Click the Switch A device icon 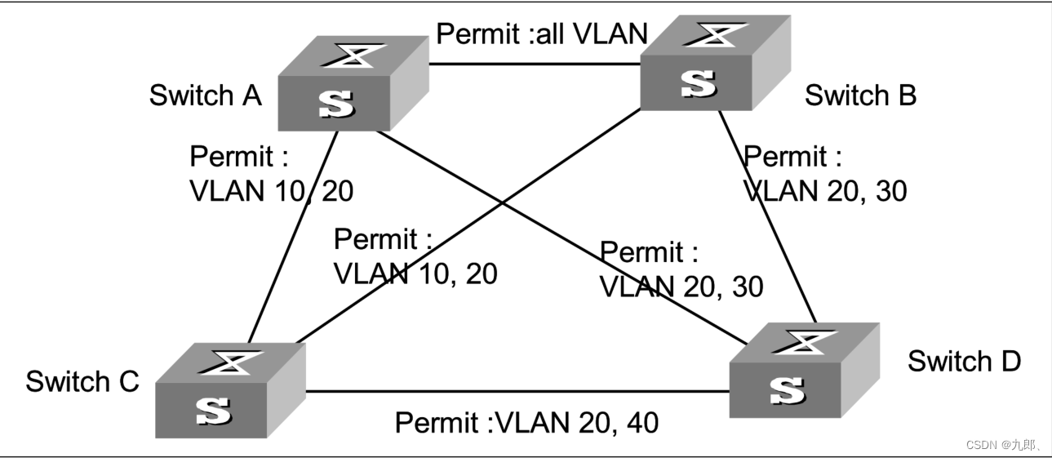(x=353, y=83)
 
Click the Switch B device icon (x=715, y=63)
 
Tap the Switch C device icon (x=231, y=390)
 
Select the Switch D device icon (x=804, y=370)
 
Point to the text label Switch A (x=205, y=96)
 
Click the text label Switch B (x=860, y=96)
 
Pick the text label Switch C (x=82, y=381)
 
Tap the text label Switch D (x=964, y=361)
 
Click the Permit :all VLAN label (x=542, y=33)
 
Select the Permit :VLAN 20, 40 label (x=526, y=422)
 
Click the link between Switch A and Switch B (x=535, y=64)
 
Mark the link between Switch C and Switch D (x=517, y=391)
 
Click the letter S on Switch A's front (x=337, y=104)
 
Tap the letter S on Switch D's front (x=787, y=391)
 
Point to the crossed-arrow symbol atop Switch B (x=715, y=35)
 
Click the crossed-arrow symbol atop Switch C (x=231, y=362)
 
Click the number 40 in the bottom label (x=642, y=423)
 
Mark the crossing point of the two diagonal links (x=503, y=203)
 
